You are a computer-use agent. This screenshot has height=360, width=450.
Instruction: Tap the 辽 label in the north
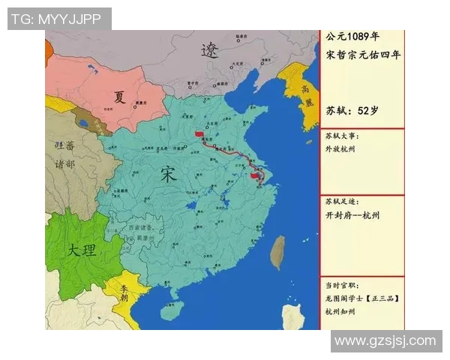click(210, 50)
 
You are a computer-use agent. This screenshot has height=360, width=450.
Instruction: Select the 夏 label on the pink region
click(120, 97)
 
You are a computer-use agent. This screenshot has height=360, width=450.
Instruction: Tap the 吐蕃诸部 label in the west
click(61, 154)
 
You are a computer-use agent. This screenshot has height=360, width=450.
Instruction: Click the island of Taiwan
click(277, 253)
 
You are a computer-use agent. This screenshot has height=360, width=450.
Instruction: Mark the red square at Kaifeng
click(199, 134)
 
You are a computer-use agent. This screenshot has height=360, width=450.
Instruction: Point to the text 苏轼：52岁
click(352, 110)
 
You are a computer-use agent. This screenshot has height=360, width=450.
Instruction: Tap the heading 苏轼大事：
click(342, 136)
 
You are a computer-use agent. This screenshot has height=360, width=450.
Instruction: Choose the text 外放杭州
click(340, 149)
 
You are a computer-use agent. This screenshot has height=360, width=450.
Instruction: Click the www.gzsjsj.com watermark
click(385, 341)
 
